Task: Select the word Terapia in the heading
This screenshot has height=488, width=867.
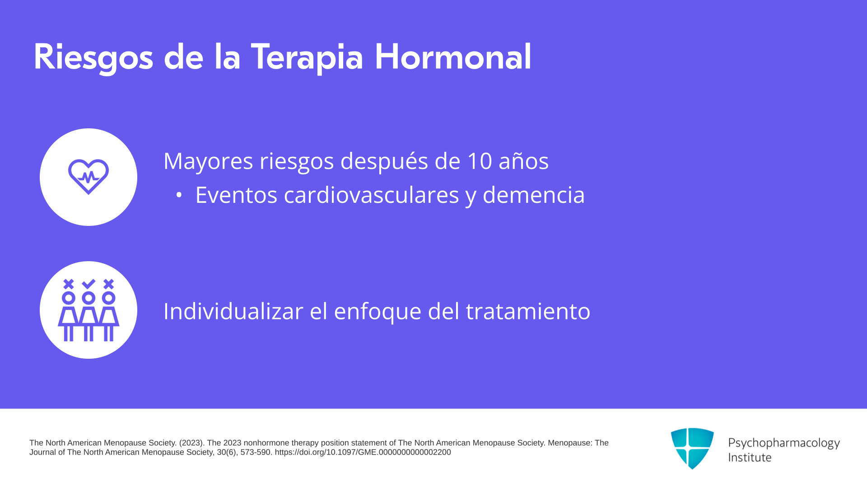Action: click(307, 57)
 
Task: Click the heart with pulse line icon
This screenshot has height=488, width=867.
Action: click(89, 177)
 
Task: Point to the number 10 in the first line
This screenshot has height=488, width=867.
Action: click(480, 161)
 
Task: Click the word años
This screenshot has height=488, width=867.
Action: click(523, 161)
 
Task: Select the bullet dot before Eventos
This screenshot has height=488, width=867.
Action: click(179, 195)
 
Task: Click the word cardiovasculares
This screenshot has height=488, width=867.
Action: click(371, 195)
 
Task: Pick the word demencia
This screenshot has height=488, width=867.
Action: click(534, 195)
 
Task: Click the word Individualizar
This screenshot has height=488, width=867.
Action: click(233, 311)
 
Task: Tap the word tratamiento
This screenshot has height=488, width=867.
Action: click(528, 311)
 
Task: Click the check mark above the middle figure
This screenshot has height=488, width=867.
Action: click(89, 284)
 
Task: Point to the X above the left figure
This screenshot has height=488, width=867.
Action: click(69, 284)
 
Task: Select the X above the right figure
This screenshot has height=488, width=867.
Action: click(108, 284)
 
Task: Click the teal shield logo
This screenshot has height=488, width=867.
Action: click(692, 448)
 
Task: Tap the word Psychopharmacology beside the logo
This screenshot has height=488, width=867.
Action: click(784, 443)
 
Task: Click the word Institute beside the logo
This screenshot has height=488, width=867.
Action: click(750, 458)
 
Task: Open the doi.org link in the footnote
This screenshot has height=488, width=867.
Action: click(363, 452)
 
